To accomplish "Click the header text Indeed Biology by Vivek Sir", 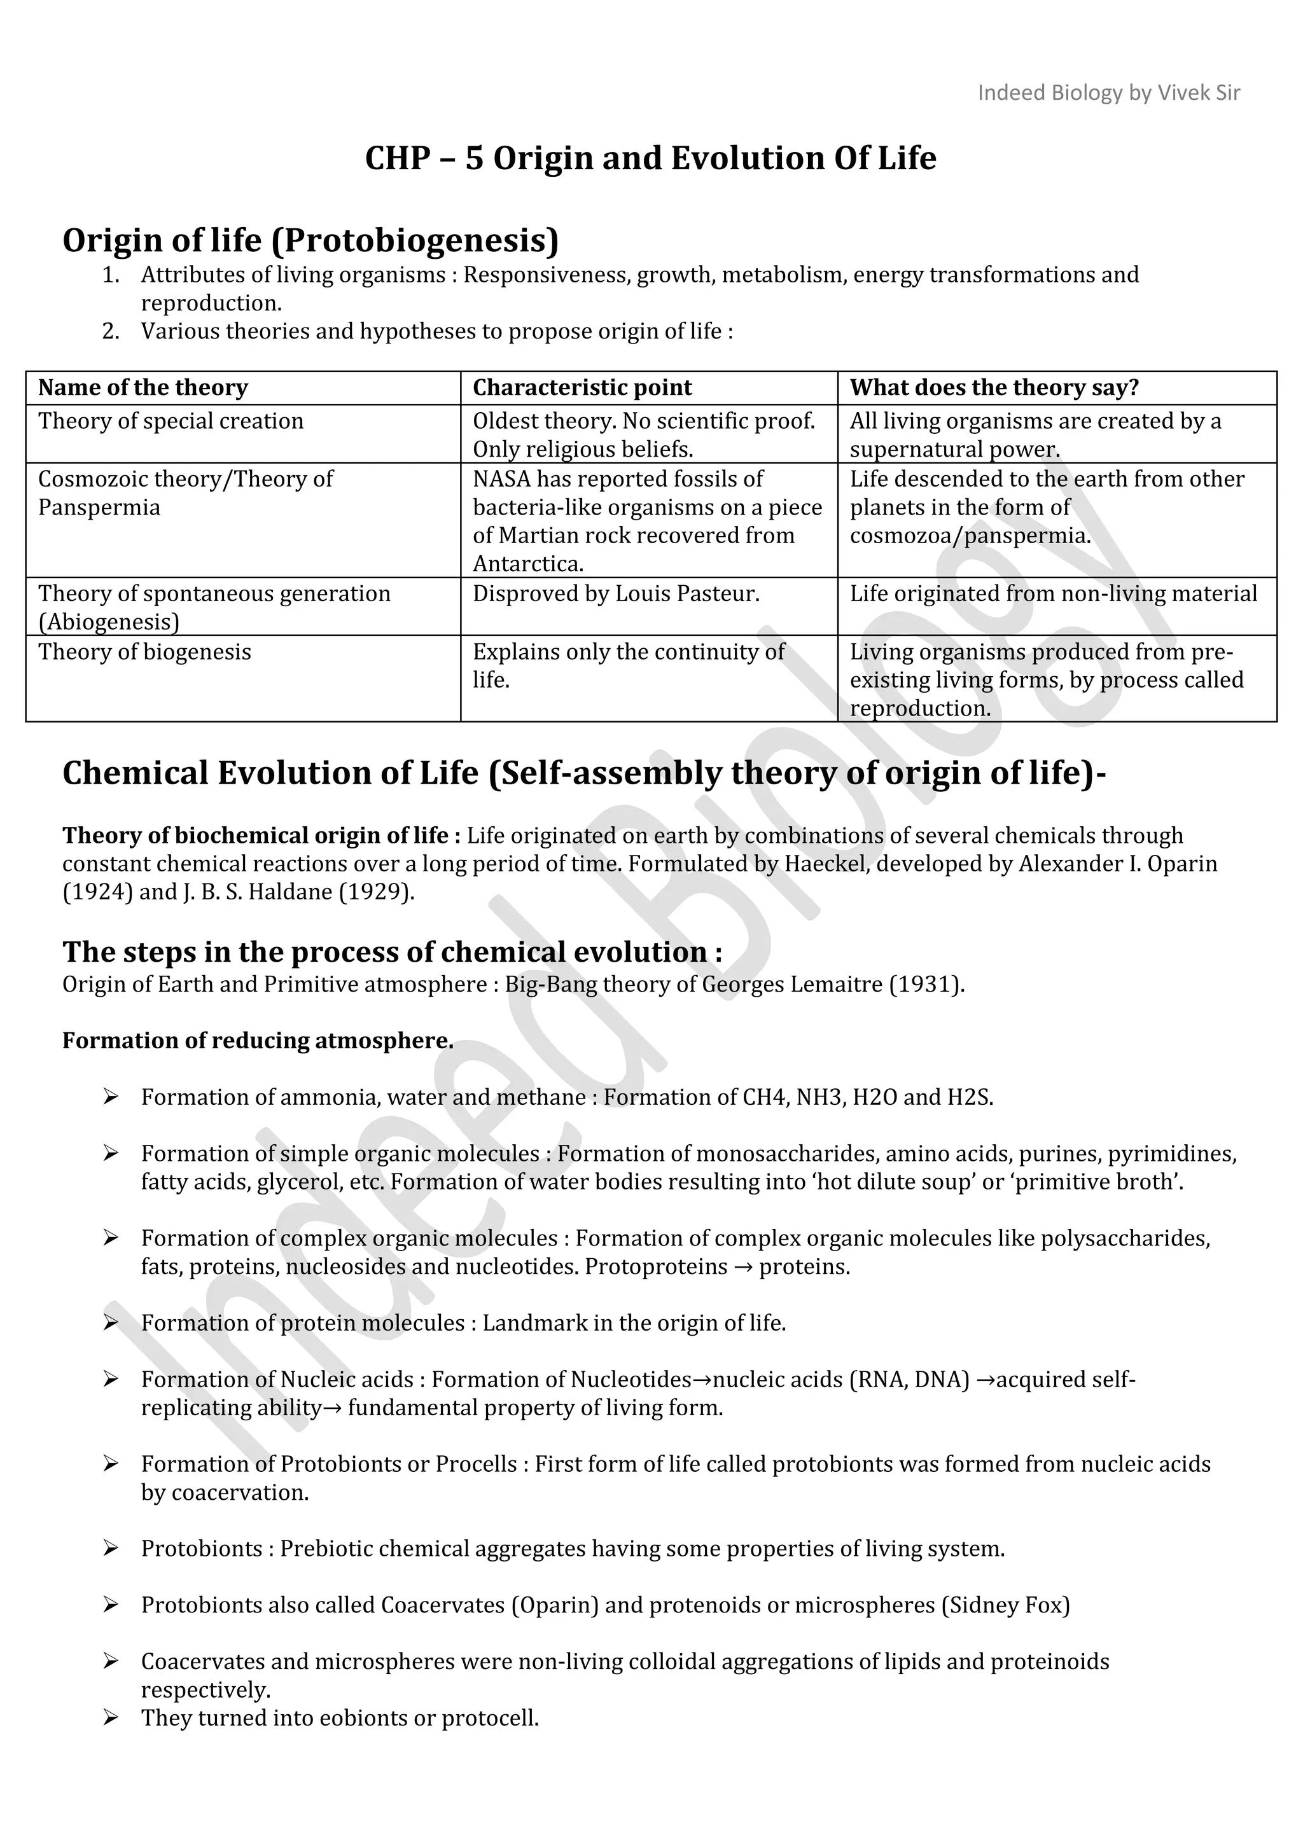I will pyautogui.click(x=1108, y=93).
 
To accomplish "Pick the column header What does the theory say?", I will pyautogui.click(x=994, y=387).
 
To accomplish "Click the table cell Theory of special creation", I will pyautogui.click(x=171, y=421).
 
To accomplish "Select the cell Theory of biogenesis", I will pyautogui.click(x=144, y=651).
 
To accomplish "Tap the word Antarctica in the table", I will pyautogui.click(x=527, y=564).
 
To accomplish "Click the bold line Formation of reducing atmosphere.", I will pyautogui.click(x=258, y=1041).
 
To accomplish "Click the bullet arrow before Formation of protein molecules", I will pyautogui.click(x=111, y=1323).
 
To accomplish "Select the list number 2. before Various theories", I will pyautogui.click(x=111, y=331).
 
